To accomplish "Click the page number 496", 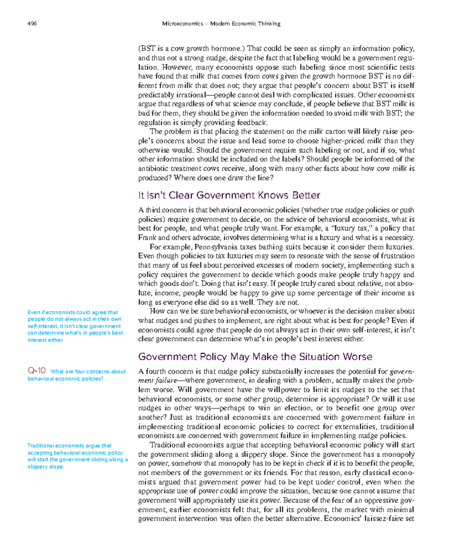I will [32, 23].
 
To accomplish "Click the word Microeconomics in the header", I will [183, 23].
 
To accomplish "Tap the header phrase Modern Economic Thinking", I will [245, 23].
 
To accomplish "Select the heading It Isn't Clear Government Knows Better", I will [229, 195].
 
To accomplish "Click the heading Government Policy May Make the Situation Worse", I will [255, 357].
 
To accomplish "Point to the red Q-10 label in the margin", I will [36, 370].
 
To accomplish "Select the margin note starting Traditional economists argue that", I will [78, 456].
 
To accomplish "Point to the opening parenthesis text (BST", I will [147, 49].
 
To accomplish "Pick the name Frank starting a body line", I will [147, 238].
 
